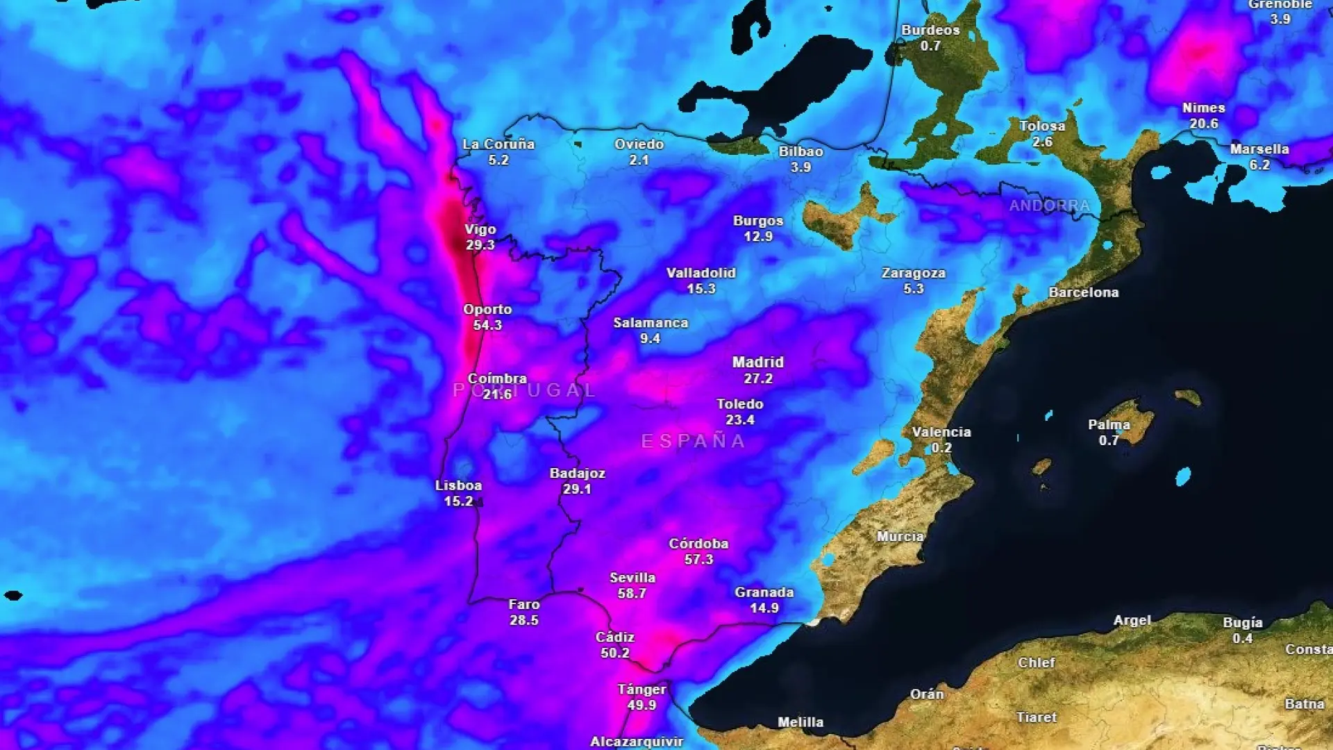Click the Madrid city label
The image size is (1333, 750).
757,362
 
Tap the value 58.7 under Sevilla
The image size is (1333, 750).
632,594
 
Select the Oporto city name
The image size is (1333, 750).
487,310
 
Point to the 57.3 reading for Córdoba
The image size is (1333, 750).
698,560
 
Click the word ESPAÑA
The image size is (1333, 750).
693,442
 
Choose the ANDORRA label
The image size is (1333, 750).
1049,206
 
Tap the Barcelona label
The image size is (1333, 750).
1083,292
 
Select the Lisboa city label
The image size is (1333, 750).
458,485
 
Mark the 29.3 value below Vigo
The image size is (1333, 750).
480,245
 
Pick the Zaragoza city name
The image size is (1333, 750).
913,273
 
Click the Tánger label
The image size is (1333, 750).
642,690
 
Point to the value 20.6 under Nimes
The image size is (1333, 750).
1203,124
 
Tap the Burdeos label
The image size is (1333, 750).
930,30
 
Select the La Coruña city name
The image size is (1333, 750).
498,144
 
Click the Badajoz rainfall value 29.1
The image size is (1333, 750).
577,489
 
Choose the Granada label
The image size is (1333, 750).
764,592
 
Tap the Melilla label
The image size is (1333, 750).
800,722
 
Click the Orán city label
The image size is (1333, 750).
927,694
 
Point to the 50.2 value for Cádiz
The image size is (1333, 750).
614,653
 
